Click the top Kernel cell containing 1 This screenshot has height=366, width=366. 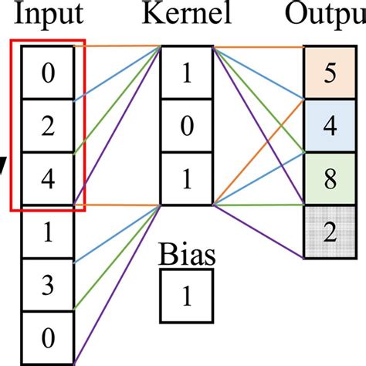click(x=186, y=73)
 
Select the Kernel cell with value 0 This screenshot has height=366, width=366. click(x=186, y=127)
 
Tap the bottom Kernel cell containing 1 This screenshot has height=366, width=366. click(x=186, y=179)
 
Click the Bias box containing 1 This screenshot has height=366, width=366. click(x=186, y=295)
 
